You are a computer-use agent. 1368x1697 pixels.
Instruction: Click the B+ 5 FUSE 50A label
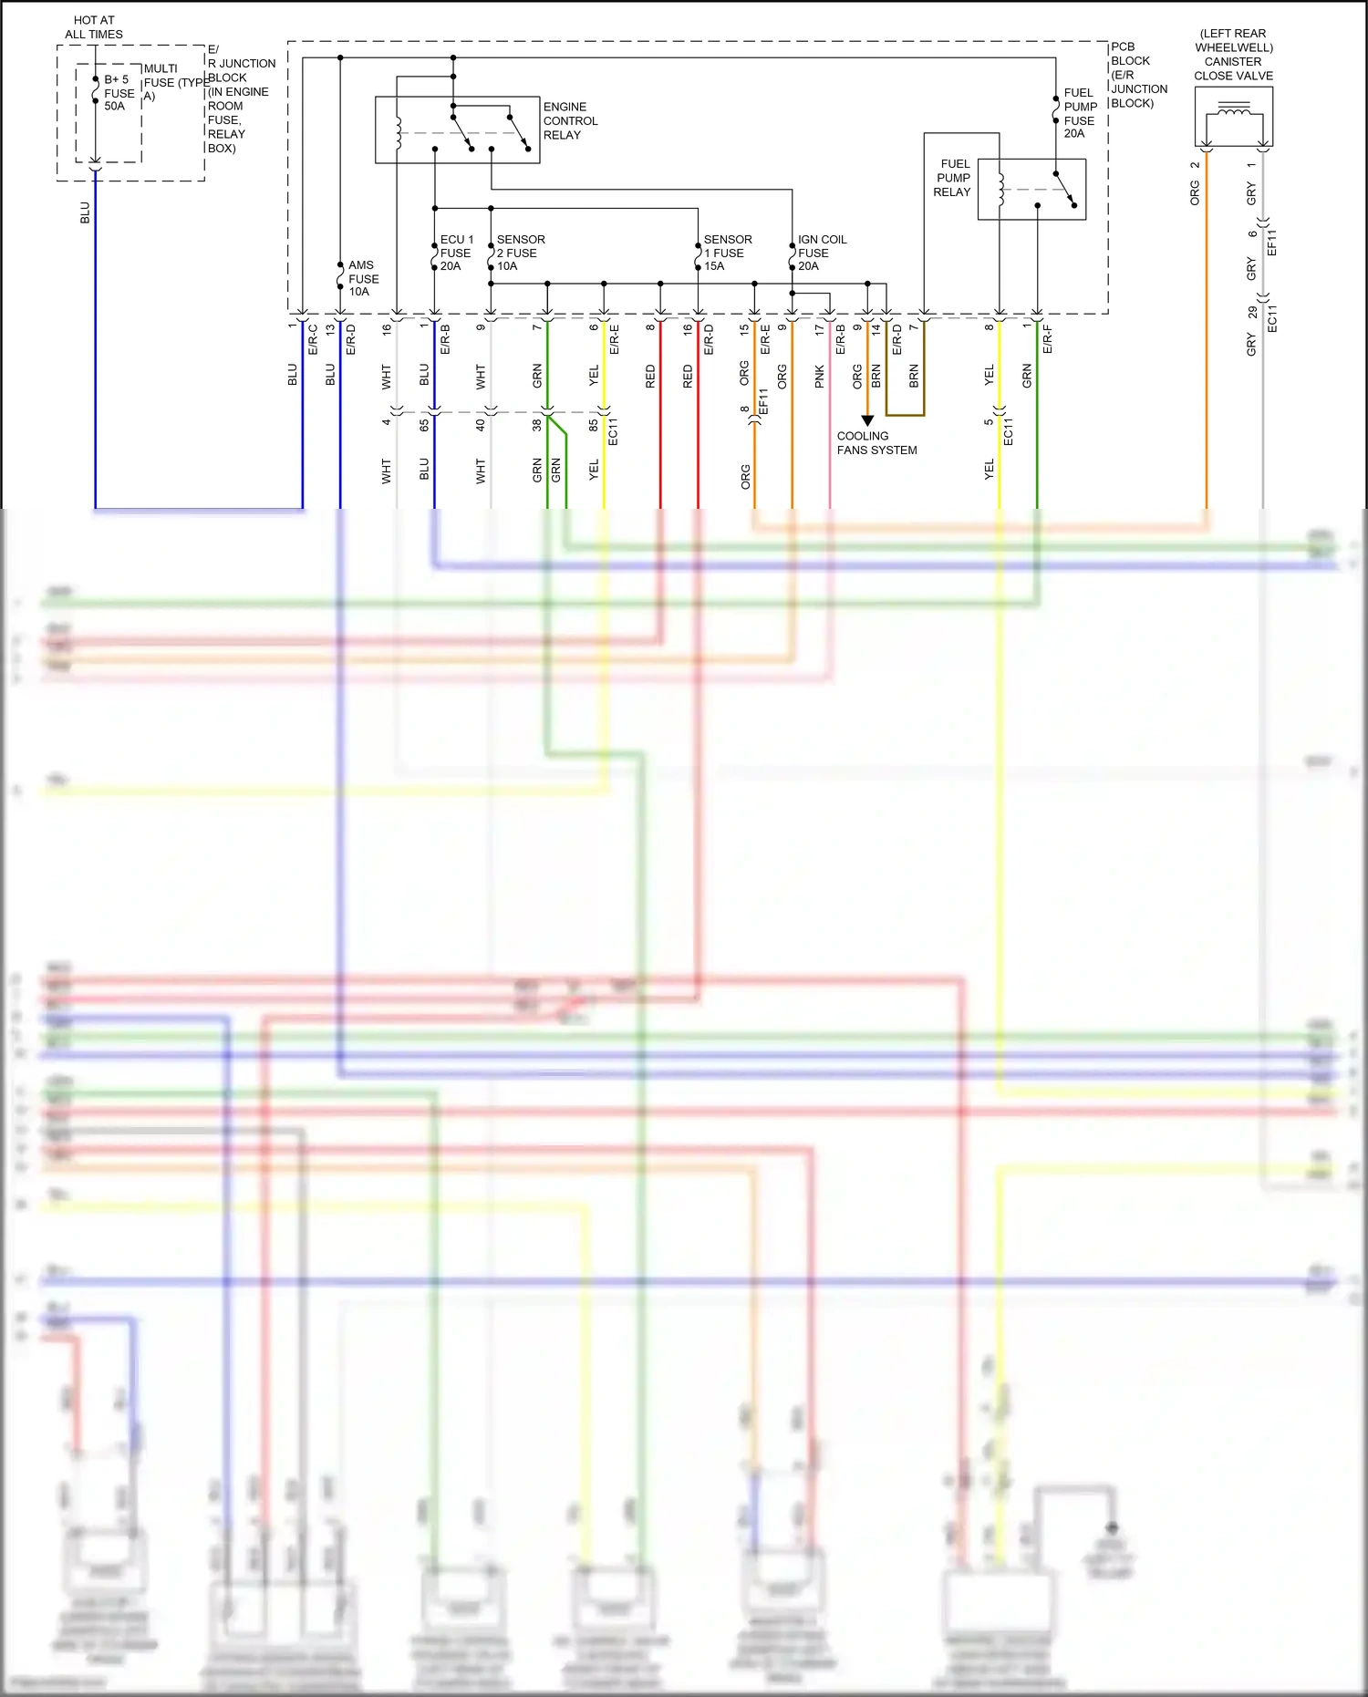click(119, 93)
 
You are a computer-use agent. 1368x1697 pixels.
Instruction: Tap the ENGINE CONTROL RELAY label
click(570, 120)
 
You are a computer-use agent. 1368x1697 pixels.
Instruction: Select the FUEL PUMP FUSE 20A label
click(1080, 113)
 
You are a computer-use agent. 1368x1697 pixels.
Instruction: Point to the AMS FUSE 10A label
click(363, 278)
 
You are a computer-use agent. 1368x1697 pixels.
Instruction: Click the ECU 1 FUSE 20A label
click(455, 253)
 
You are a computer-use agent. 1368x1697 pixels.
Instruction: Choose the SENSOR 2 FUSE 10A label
click(520, 253)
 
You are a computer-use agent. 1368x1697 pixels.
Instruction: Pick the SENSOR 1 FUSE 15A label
click(727, 253)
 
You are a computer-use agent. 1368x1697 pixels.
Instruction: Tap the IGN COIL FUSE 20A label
click(821, 253)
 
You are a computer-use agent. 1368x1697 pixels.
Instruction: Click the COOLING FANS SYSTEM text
click(876, 443)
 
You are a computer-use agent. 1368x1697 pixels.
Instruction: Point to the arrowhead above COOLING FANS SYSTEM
click(867, 420)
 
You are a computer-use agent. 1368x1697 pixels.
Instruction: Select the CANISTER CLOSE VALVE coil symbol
click(1234, 112)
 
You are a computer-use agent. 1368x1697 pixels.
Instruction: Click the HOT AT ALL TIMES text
click(94, 27)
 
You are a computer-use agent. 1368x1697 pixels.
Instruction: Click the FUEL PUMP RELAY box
click(1031, 189)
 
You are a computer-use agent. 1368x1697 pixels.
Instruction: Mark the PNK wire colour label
click(820, 377)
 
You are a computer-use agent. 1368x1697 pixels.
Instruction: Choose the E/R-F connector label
click(1047, 339)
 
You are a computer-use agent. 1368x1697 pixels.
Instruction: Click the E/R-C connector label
click(313, 339)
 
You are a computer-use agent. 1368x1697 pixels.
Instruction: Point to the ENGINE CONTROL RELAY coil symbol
click(398, 133)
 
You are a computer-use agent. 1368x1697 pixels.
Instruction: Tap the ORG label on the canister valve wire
click(1195, 192)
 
